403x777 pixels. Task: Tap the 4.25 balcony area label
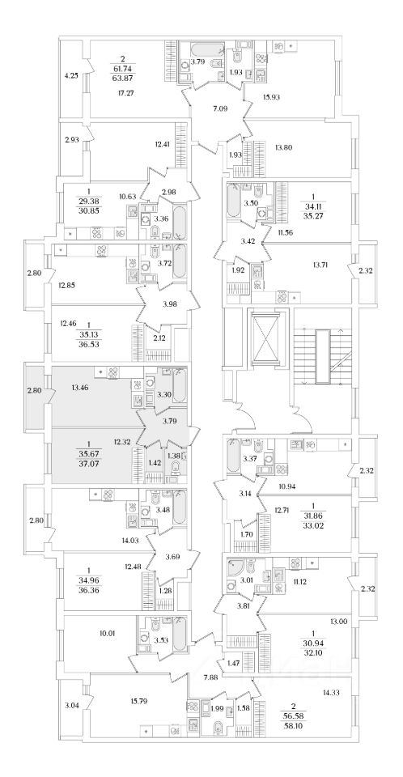[x=72, y=76]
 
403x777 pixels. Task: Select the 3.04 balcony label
[x=71, y=702]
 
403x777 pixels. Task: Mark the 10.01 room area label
[x=107, y=633]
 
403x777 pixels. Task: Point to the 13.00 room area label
[x=338, y=622]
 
